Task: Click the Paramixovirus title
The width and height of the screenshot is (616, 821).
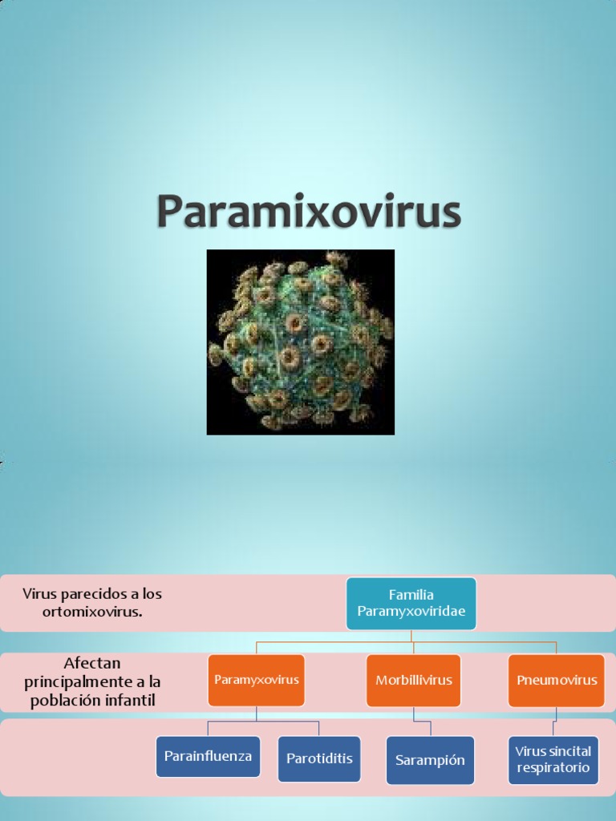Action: (x=308, y=211)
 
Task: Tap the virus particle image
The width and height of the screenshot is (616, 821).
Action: (x=300, y=342)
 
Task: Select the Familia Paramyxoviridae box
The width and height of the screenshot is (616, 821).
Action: (x=411, y=603)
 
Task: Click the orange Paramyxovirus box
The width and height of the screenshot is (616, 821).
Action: (x=256, y=680)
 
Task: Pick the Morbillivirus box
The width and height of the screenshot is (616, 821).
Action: (x=414, y=680)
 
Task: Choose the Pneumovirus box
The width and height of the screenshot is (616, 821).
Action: (x=557, y=680)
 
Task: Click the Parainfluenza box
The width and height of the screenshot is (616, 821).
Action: (x=208, y=756)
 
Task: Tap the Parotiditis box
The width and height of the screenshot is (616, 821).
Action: (x=318, y=758)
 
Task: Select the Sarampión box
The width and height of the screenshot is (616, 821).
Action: (x=430, y=760)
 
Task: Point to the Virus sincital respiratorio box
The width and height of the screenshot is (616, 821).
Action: (x=553, y=760)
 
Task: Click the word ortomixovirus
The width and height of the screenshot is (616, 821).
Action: (x=92, y=612)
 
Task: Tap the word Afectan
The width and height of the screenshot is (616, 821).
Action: (x=91, y=664)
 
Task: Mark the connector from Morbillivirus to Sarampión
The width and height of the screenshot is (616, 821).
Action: (x=415, y=719)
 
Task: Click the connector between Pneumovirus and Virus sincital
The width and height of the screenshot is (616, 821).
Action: (x=553, y=722)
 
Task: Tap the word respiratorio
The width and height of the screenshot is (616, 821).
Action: (x=553, y=767)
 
